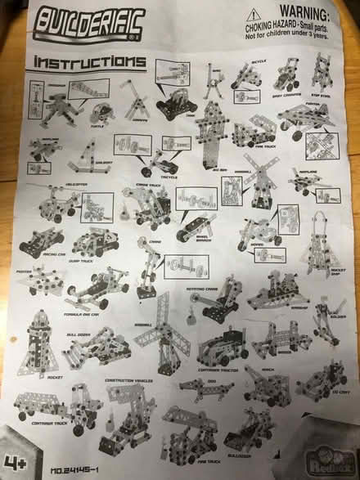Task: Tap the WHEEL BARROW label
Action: pyautogui.click(x=198, y=240)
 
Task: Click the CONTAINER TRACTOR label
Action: pyautogui.click(x=222, y=370)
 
